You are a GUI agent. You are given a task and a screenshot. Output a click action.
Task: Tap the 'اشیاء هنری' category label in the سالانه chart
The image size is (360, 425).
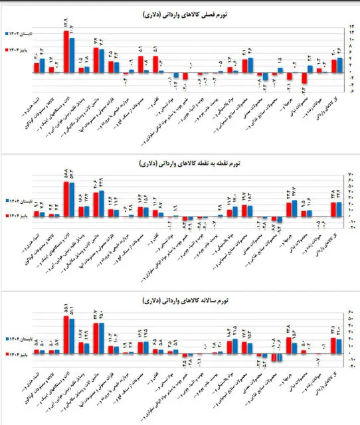33,392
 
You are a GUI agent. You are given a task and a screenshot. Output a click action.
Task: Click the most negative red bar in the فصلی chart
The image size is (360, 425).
304,78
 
